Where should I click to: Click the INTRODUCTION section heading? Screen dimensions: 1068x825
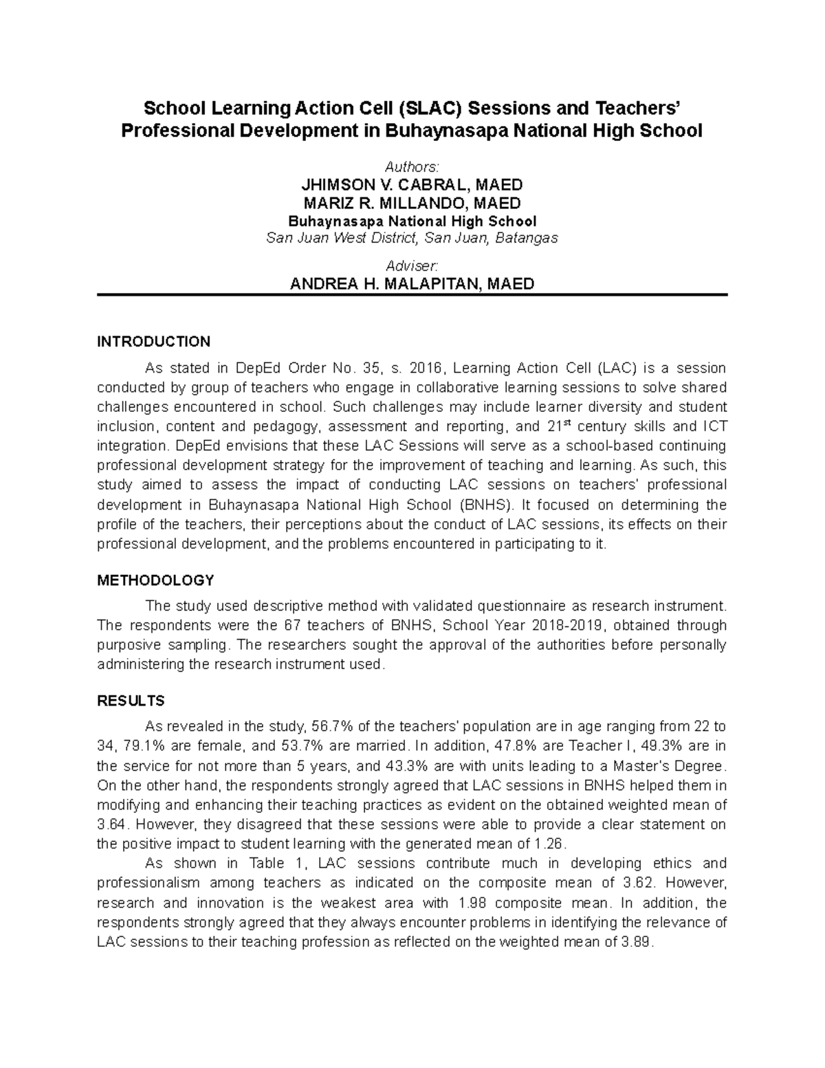pyautogui.click(x=153, y=342)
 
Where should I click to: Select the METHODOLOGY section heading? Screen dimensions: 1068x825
pyautogui.click(x=155, y=580)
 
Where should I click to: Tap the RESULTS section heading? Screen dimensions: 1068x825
pyautogui.click(x=131, y=701)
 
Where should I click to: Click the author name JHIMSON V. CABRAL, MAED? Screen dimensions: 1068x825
pyautogui.click(x=412, y=185)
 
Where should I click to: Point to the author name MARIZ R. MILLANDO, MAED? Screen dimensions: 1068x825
pyautogui.click(x=412, y=204)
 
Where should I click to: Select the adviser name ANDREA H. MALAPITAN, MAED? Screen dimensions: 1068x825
pyautogui.click(x=412, y=284)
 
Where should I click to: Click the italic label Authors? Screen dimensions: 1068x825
pyautogui.click(x=412, y=167)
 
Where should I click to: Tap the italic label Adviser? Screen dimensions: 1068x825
pyautogui.click(x=412, y=265)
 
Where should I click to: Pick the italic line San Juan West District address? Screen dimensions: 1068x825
pyautogui.click(x=412, y=239)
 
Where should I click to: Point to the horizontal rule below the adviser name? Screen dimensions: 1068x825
pyautogui.click(x=412, y=295)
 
